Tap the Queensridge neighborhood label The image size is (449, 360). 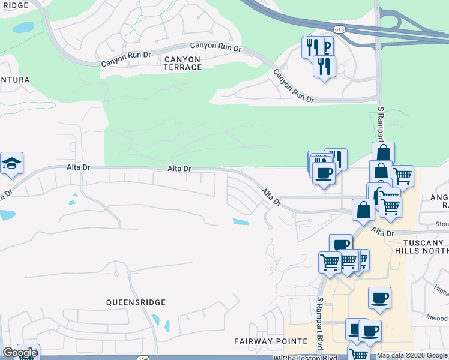(136, 302)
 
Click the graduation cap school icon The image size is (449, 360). (11, 163)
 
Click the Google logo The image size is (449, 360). (19, 353)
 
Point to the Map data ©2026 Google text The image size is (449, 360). (412, 355)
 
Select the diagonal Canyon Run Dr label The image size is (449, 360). (294, 86)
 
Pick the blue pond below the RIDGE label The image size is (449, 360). (23, 28)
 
